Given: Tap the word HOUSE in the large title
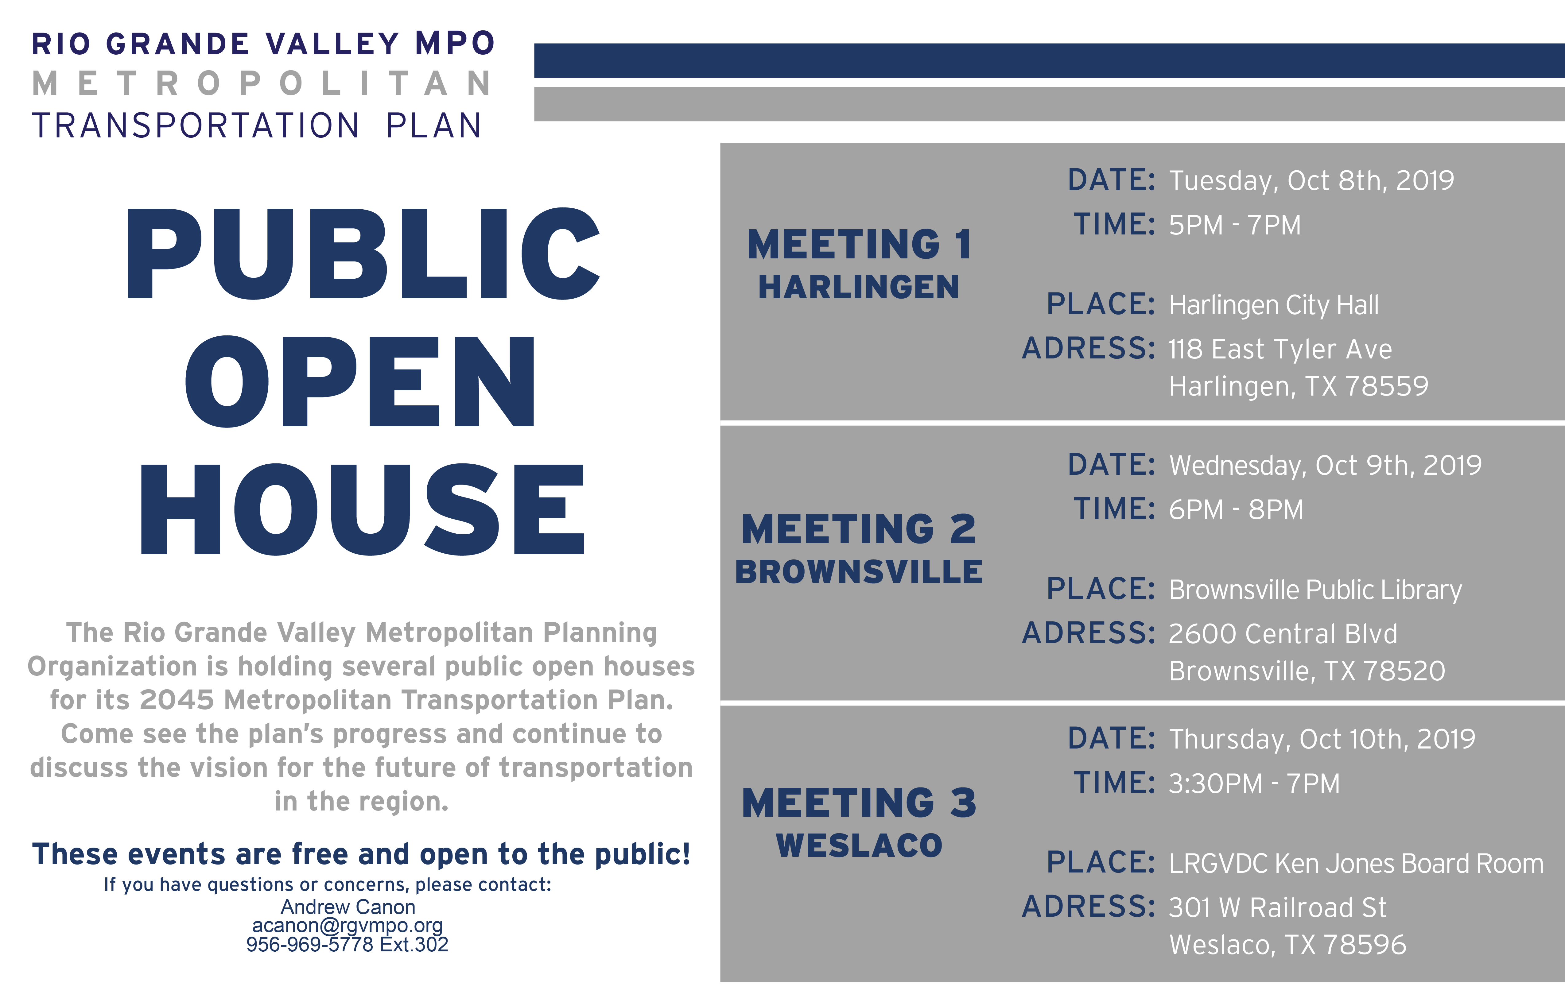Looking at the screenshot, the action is click(x=363, y=509).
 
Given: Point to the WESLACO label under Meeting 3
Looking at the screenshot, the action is click(x=859, y=845).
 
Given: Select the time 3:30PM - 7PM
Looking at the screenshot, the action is click(x=1254, y=783).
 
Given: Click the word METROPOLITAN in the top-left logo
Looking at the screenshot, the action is click(x=262, y=84).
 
